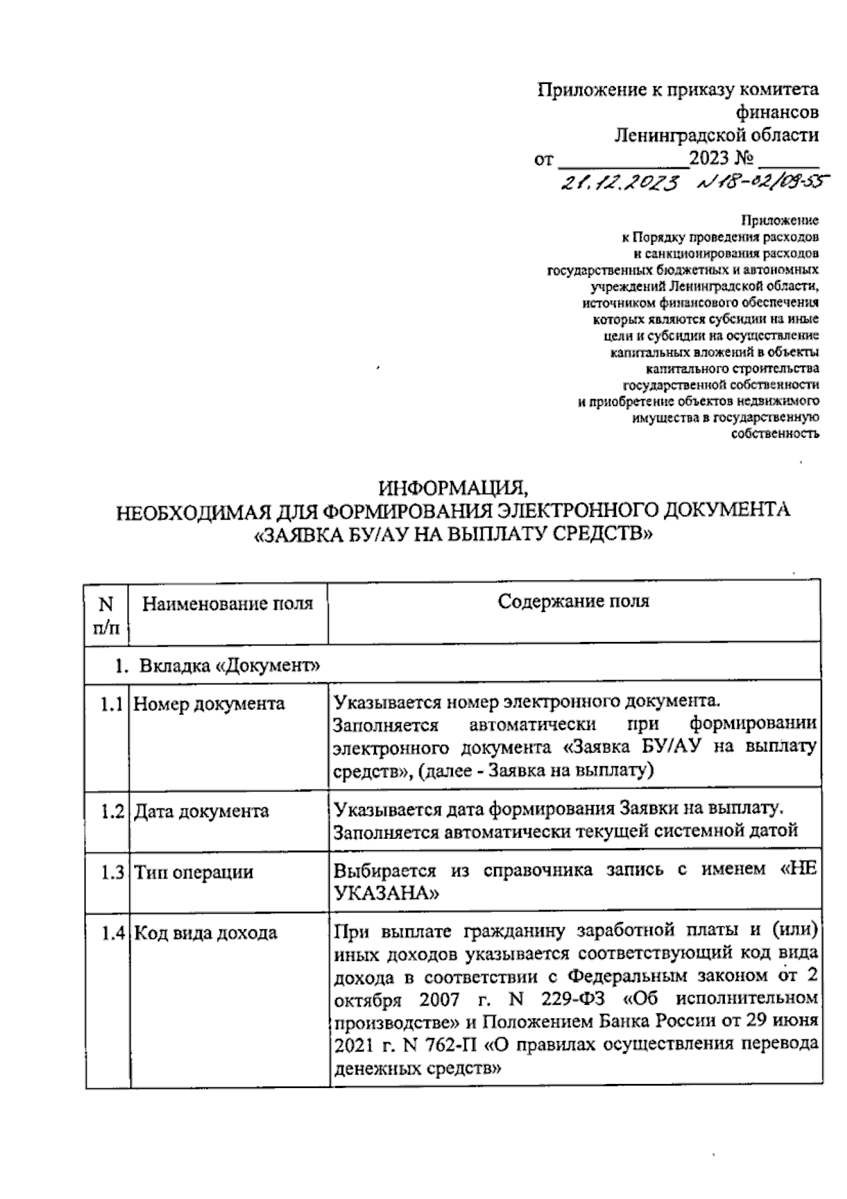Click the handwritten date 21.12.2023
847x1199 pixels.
tap(619, 184)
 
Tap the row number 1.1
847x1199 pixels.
tap(111, 704)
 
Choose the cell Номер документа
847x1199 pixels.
tap(210, 704)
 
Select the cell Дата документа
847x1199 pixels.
tap(202, 811)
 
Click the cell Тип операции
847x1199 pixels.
tap(193, 872)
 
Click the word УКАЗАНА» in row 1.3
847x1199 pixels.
tap(385, 893)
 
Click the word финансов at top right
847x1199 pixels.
tap(777, 112)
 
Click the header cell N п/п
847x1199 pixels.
tap(106, 613)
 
